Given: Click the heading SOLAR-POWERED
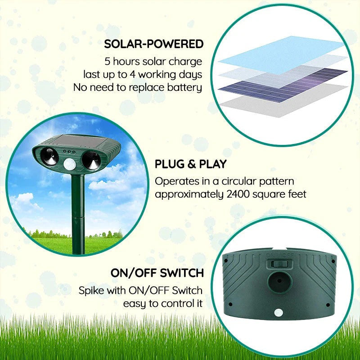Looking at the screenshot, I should point(153,44).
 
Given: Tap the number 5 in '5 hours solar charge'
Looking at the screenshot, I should point(107,61).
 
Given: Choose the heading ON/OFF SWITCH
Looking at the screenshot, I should point(157,273).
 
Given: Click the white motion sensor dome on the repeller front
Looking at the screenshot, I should point(69,165).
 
